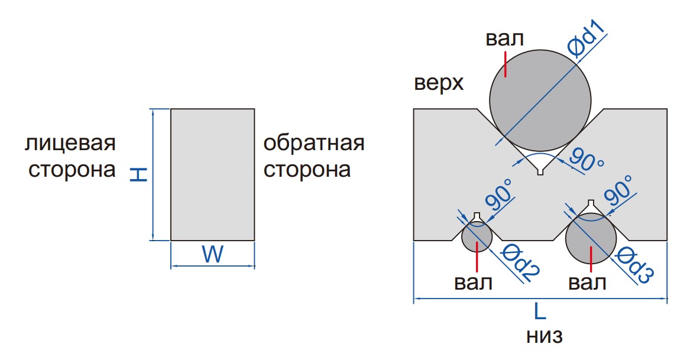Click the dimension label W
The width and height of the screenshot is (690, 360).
click(212, 255)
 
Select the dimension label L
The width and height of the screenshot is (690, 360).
click(540, 312)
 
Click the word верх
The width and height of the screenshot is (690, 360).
click(439, 83)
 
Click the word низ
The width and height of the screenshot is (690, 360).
click(543, 336)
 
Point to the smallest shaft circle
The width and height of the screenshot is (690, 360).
click(477, 237)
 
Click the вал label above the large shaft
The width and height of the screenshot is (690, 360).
click(505, 40)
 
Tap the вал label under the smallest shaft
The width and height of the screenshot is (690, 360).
click(473, 282)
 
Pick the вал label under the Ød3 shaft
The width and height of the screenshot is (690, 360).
click(587, 282)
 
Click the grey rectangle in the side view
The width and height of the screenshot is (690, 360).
click(212, 174)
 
